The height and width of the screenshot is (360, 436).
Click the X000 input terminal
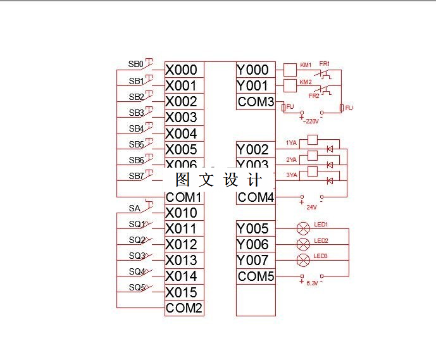tap(182, 70)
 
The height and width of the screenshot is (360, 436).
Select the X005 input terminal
tap(182, 149)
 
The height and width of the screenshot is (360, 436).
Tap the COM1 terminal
tap(184, 197)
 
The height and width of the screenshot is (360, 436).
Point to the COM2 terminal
tap(184, 308)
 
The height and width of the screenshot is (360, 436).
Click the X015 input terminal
tap(182, 292)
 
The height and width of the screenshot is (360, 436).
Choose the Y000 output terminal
tap(253, 70)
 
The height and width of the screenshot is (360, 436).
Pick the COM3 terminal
tap(256, 102)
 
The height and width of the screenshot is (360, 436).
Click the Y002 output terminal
tap(253, 149)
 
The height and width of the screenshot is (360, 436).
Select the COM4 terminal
tap(256, 197)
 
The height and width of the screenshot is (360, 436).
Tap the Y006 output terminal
tap(253, 244)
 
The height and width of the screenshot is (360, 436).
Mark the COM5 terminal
tap(256, 276)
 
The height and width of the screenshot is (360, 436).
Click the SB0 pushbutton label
tap(135, 65)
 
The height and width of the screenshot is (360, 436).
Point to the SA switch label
tap(134, 208)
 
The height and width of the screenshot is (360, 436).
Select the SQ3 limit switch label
tap(137, 256)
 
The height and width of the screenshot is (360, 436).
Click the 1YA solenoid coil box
tap(312, 140)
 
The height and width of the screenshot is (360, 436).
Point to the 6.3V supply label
tap(311, 283)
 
